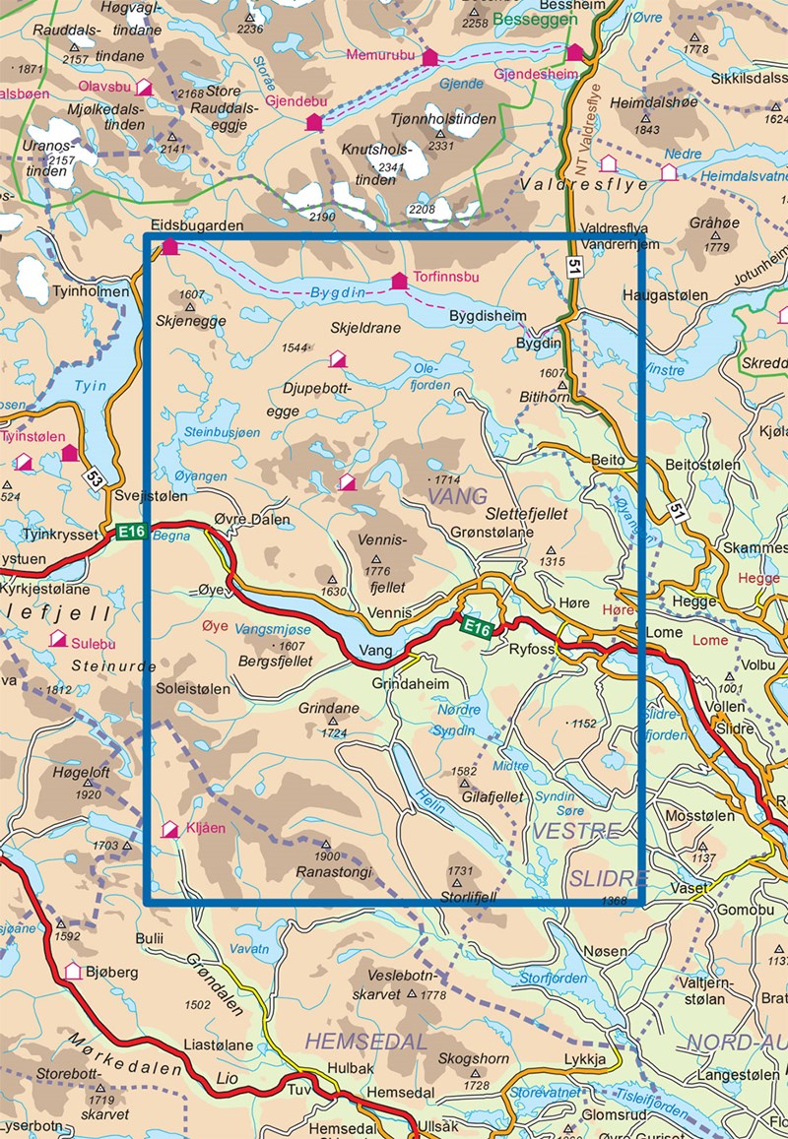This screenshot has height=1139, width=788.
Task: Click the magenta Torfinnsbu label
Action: click(445, 279)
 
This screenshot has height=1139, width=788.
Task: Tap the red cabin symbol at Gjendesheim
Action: click(574, 52)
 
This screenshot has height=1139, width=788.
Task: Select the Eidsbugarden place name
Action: click(196, 225)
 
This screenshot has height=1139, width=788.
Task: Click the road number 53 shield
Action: click(95, 479)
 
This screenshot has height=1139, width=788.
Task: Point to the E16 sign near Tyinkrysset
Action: click(131, 532)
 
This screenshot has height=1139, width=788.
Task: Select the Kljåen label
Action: click(206, 829)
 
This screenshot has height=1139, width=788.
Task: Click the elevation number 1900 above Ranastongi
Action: click(326, 856)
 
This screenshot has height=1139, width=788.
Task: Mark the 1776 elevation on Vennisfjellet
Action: click(377, 571)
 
